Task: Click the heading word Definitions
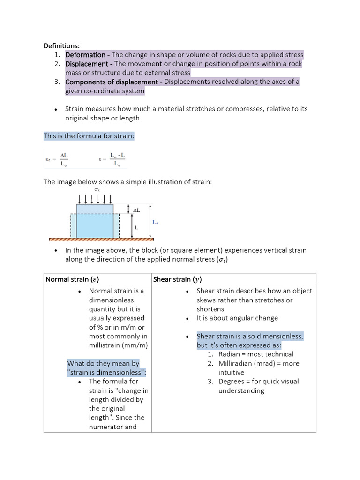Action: coord(61,45)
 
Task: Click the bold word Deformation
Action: coord(85,54)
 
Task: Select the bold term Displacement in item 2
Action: coord(87,64)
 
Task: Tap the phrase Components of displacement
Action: coord(112,82)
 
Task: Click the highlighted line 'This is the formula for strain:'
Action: coord(89,136)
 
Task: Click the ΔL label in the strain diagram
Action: coord(136,210)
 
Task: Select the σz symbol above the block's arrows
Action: coord(97,189)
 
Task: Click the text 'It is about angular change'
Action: coord(237,318)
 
